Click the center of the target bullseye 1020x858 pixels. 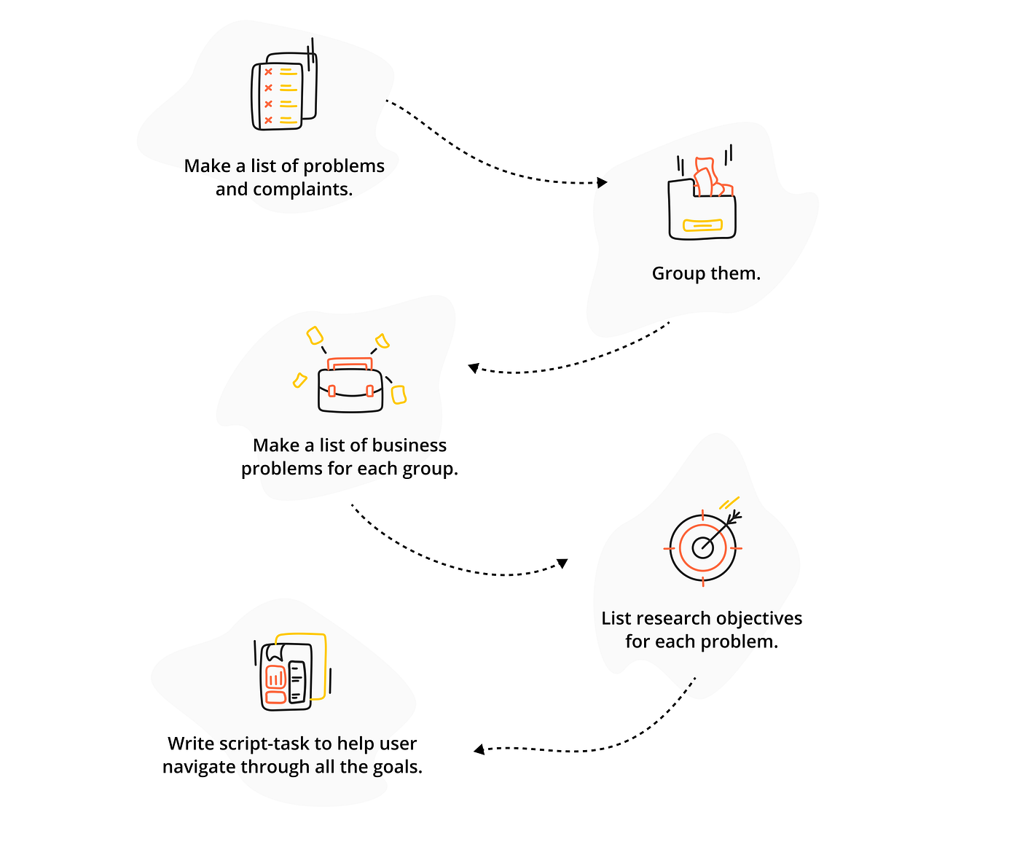pos(702,547)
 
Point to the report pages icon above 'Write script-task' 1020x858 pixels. pos(292,672)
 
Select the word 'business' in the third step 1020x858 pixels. pos(409,445)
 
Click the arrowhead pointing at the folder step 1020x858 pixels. pos(603,182)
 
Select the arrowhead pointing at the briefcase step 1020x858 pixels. pos(474,367)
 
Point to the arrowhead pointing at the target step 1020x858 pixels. pos(562,563)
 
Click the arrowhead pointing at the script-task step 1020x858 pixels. pos(479,749)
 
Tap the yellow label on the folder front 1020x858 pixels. pos(702,225)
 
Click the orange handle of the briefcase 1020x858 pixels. pos(350,364)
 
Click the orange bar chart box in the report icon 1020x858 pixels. pos(275,678)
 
